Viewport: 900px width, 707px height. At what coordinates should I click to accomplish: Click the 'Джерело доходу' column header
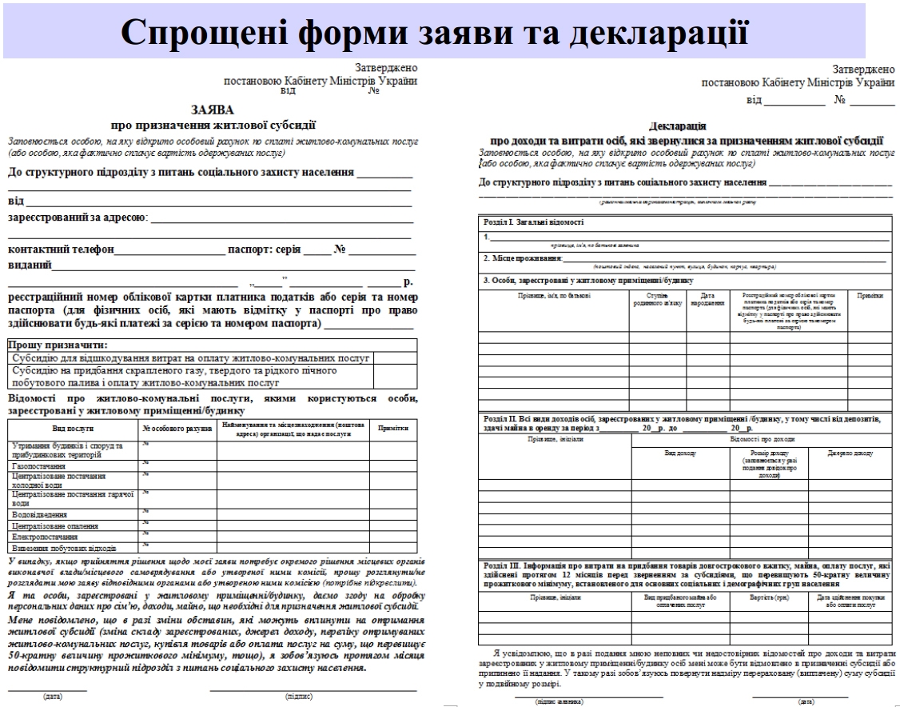click(852, 453)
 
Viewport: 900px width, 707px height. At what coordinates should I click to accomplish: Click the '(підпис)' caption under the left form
click(299, 696)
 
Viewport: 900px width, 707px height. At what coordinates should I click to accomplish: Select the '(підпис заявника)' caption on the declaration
click(560, 701)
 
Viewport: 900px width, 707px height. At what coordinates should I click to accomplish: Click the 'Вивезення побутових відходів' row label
click(65, 549)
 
